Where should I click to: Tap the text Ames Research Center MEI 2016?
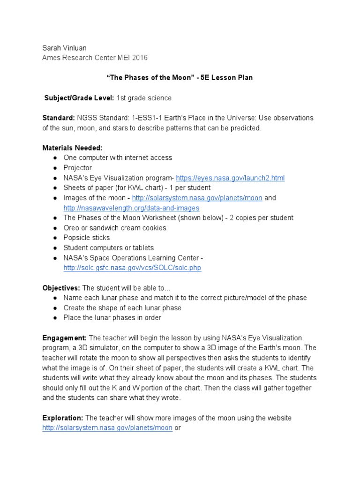(x=95, y=58)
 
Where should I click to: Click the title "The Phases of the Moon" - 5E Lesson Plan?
(x=180, y=78)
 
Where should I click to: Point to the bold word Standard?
(x=55, y=118)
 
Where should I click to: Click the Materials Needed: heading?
(x=69, y=148)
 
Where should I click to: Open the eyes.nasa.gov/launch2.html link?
(x=230, y=178)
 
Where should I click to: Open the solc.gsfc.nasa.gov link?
(x=132, y=268)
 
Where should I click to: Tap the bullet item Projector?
(x=78, y=168)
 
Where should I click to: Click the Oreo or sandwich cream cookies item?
(x=115, y=228)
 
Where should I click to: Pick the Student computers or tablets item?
(x=109, y=247)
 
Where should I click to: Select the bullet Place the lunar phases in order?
(x=112, y=318)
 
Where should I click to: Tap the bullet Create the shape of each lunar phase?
(x=122, y=308)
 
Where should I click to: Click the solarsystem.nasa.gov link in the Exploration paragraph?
(x=107, y=428)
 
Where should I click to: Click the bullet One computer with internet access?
(x=118, y=158)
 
